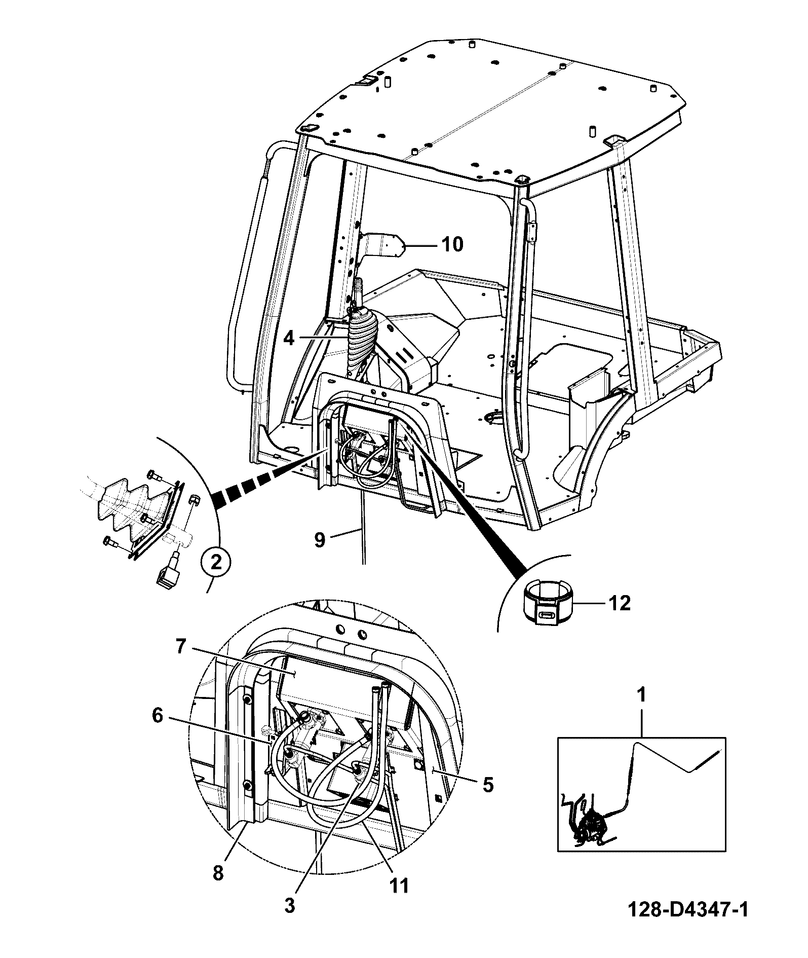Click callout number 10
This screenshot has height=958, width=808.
tap(452, 244)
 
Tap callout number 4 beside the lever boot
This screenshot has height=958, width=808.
tap(289, 338)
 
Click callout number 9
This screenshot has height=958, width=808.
tap(319, 540)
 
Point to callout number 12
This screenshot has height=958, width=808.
tap(619, 603)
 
